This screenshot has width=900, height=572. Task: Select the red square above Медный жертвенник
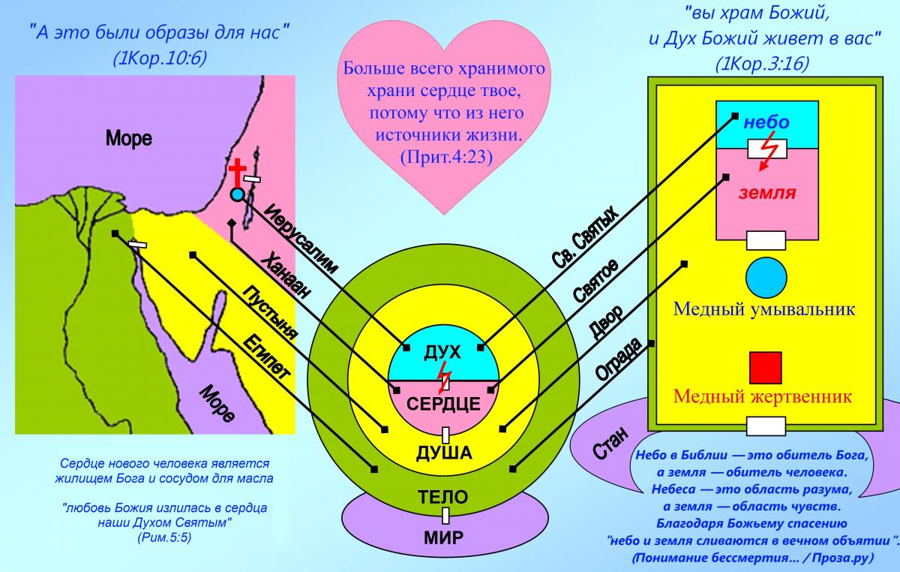[x=765, y=367]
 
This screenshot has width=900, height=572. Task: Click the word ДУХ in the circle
[x=442, y=354]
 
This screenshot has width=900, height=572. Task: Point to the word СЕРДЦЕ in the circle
[x=443, y=404]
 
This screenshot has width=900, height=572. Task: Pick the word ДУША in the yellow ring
[x=444, y=453]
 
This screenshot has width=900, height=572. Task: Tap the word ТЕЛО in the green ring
[x=444, y=496]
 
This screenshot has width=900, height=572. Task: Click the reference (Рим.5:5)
[x=164, y=538]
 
